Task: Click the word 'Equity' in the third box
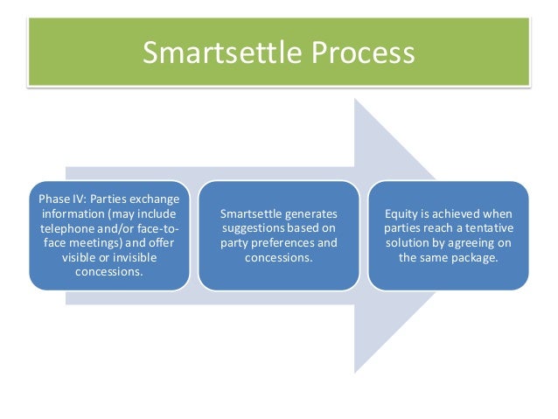tap(402, 214)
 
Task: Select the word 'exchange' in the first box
tap(156, 199)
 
